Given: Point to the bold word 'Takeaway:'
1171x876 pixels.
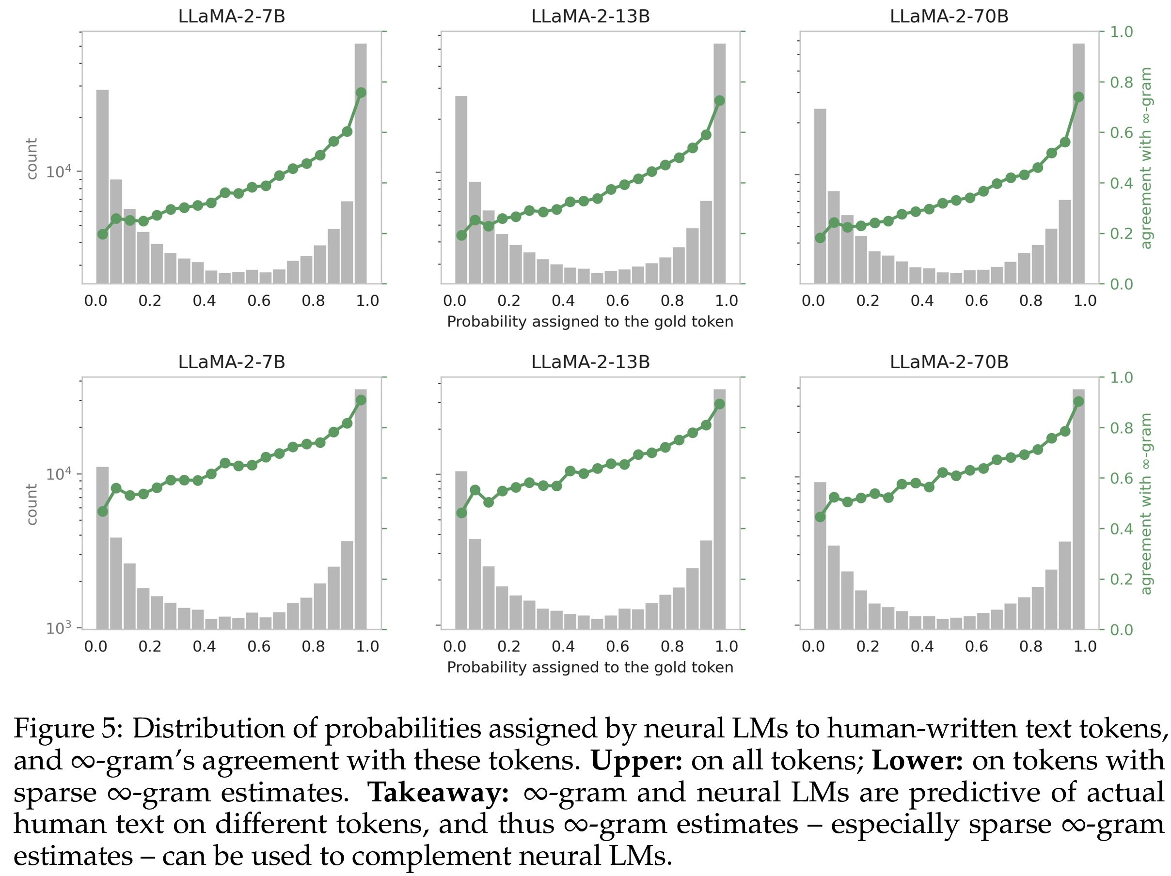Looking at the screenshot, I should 438,792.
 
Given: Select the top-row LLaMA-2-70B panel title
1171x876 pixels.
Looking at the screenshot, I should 949,16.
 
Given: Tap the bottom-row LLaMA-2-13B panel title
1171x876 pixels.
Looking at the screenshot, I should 590,362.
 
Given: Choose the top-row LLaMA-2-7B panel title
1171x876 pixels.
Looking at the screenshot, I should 231,16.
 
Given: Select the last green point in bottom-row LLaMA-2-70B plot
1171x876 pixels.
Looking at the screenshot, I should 1078,402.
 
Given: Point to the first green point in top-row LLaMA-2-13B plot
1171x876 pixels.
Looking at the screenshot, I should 461,235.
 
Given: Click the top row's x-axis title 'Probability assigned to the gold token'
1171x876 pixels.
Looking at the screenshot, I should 590,322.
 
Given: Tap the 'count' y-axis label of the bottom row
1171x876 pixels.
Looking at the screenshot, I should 32,504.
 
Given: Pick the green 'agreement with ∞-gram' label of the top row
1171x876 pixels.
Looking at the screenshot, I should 1146,158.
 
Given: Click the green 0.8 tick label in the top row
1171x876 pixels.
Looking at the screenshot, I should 1121,82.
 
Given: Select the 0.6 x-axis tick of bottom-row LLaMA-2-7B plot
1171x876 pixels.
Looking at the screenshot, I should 259,646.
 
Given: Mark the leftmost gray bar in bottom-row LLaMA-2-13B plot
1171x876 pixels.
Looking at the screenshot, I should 461,550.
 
